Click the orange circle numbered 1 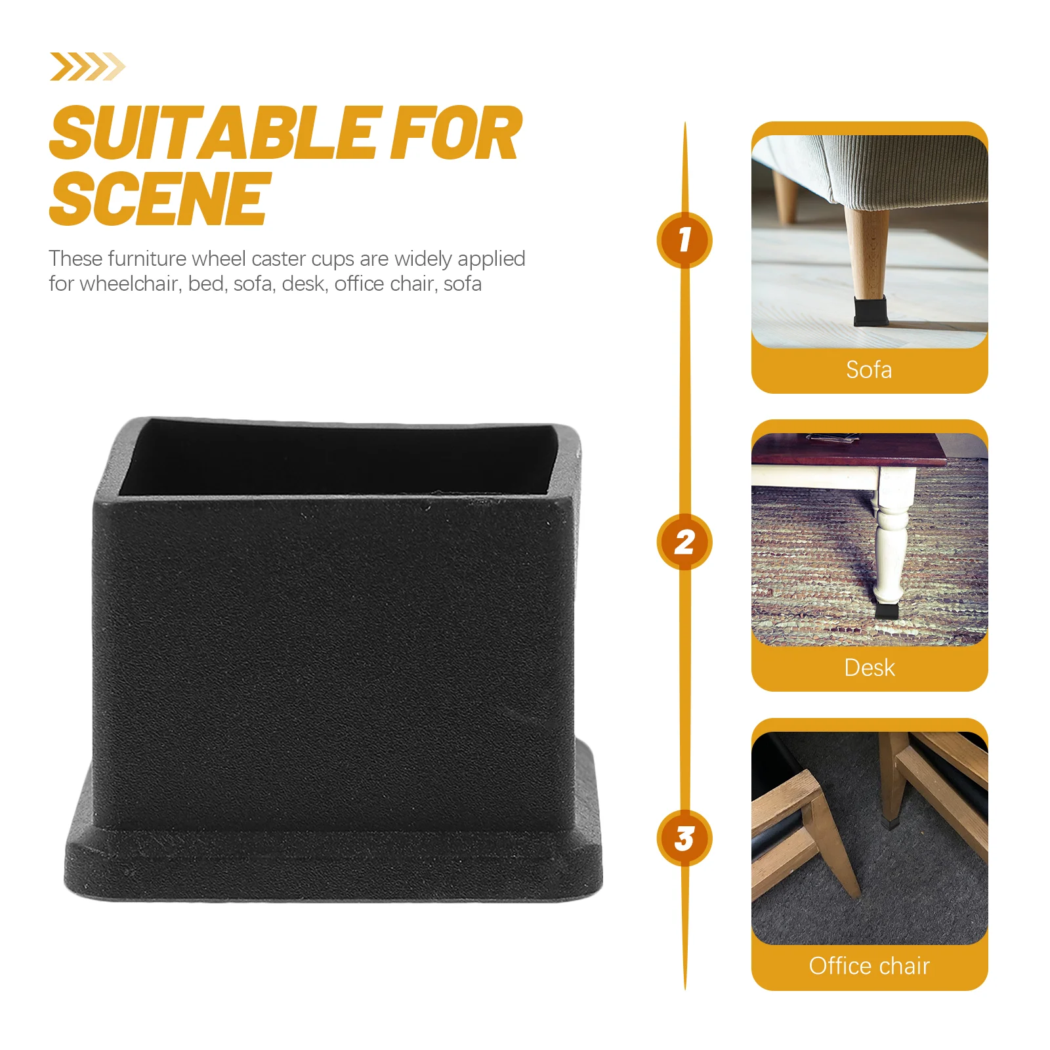[x=684, y=240]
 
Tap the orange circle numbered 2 [x=684, y=542]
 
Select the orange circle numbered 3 [x=684, y=838]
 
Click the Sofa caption [x=869, y=370]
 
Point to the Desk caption [x=869, y=668]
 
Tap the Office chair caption [x=869, y=966]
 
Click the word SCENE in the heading [x=160, y=198]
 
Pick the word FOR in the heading [x=456, y=134]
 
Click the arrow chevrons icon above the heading [x=87, y=67]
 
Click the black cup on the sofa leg [x=870, y=310]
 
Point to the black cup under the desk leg [x=887, y=611]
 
